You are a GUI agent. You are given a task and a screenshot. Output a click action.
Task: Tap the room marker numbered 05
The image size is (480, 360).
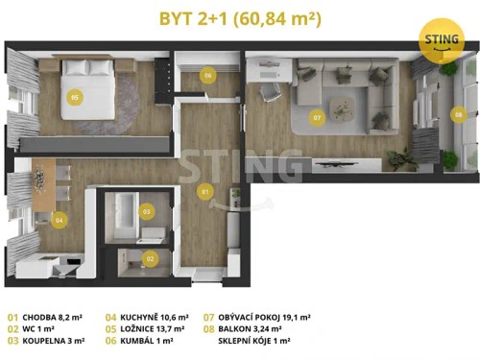pos(74,97)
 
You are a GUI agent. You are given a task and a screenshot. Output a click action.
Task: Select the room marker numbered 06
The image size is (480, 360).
pos(208,75)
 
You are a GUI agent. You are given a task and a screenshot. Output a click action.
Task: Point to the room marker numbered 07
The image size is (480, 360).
pos(317,119)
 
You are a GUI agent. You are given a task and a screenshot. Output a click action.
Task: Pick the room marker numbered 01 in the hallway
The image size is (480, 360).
pos(204,192)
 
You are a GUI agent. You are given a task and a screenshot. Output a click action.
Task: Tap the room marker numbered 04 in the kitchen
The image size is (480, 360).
pos(60,220)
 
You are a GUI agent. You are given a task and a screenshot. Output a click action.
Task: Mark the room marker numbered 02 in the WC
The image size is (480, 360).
pos(150,257)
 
